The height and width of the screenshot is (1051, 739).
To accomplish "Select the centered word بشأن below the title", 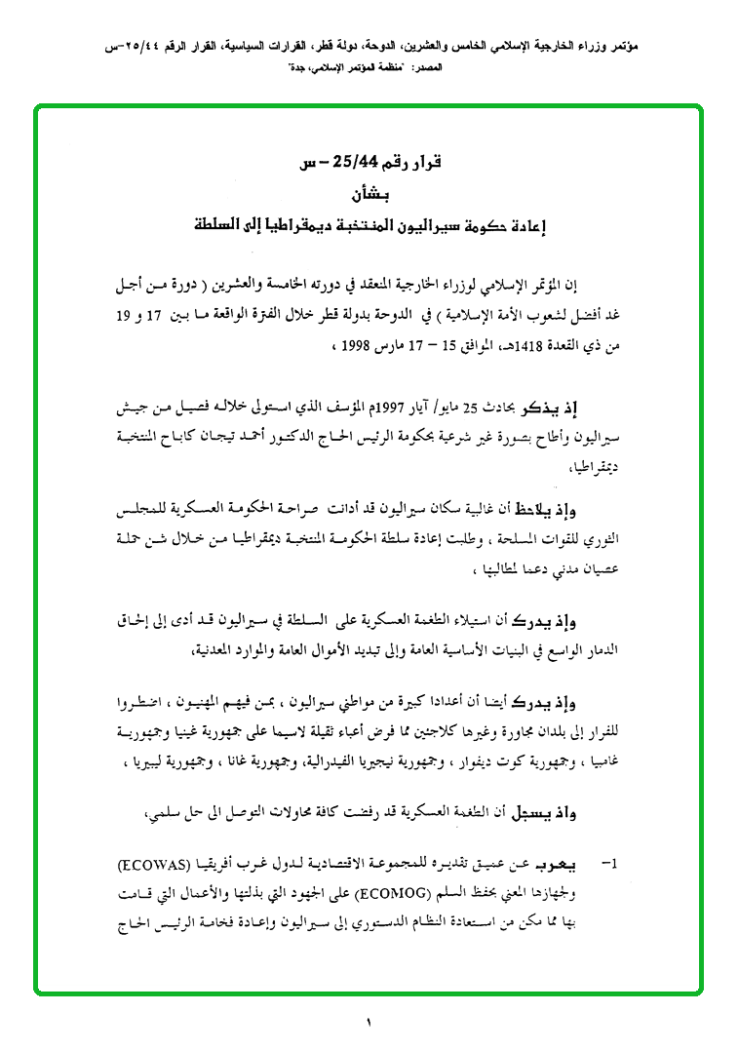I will coord(371,195).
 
